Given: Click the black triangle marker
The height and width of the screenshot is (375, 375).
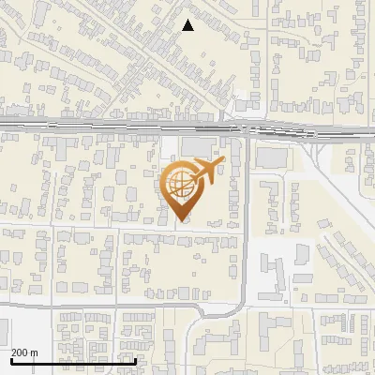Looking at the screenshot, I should point(187,25).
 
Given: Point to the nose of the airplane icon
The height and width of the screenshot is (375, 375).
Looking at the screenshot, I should point(224,161).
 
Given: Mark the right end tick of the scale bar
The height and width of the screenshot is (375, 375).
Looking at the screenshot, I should point(136,359).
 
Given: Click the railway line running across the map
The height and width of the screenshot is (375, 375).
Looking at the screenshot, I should point(112,126).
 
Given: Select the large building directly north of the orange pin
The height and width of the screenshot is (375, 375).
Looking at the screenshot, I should point(197,146).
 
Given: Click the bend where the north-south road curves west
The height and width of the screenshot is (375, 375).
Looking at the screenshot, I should point(241,300).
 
